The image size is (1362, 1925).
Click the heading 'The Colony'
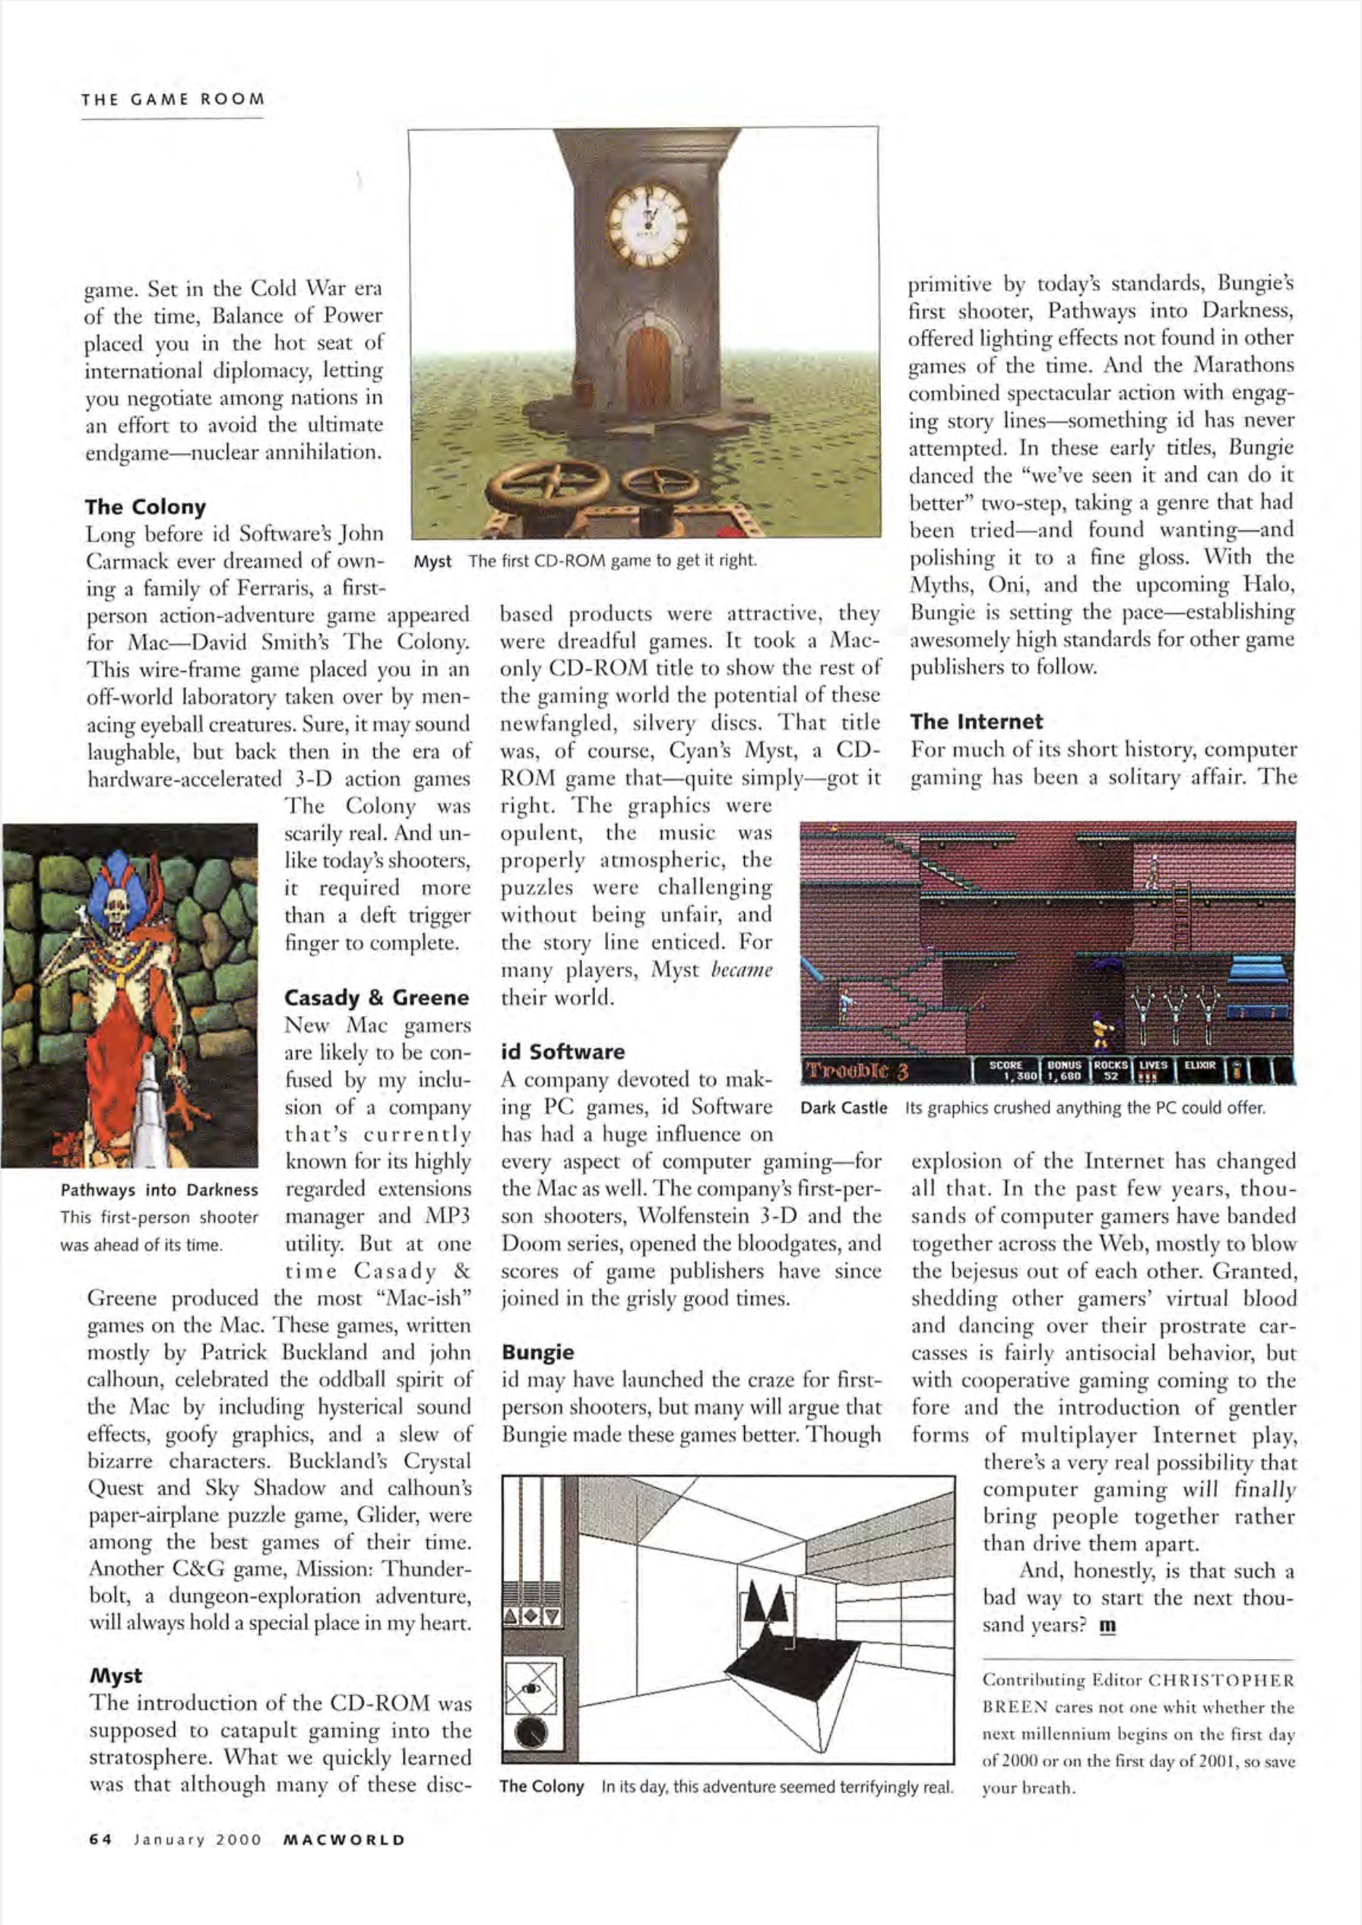coord(145,506)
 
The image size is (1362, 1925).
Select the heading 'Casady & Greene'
coord(375,998)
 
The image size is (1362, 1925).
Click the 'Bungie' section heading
coord(537,1351)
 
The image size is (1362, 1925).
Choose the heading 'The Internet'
coord(976,721)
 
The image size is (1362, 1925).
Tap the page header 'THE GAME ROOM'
coord(173,99)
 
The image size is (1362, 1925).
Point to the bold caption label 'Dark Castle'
coord(844,1107)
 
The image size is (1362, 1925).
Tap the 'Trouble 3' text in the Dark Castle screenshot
coord(857,1071)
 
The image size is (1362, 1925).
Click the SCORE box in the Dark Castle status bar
coord(1005,1070)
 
